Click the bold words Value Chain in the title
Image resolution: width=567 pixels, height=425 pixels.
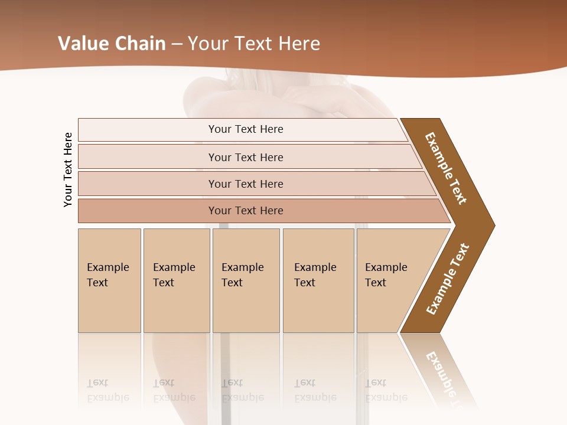point(112,44)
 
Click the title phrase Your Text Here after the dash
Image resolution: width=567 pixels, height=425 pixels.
point(254,44)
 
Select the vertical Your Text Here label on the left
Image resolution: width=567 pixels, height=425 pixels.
point(69,169)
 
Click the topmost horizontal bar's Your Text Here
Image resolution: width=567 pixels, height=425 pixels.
point(246,129)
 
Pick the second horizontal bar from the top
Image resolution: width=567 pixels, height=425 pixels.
point(246,157)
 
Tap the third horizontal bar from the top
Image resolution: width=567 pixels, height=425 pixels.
point(246,184)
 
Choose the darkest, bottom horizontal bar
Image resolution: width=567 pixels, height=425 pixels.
point(246,211)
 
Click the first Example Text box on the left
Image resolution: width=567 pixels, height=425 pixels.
point(109,280)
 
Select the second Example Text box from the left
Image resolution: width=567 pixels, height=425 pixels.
point(175,280)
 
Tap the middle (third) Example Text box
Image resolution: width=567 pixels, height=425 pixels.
point(245,280)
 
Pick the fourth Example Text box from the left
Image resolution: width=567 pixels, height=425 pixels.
point(318,280)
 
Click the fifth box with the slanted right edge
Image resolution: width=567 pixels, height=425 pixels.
point(390,280)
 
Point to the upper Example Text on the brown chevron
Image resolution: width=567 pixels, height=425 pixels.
point(446,168)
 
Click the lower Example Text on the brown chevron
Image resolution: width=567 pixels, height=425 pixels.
point(448,279)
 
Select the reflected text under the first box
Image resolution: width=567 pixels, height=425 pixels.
point(107,390)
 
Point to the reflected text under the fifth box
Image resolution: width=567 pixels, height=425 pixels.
point(386,390)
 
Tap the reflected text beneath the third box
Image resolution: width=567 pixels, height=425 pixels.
point(242,390)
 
